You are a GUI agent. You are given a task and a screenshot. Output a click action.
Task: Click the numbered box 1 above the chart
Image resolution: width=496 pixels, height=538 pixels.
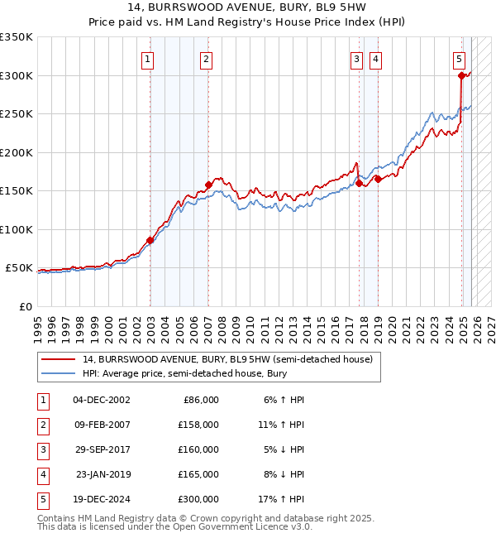[x=147, y=59]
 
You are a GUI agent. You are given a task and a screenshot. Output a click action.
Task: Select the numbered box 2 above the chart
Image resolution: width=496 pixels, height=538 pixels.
[x=205, y=59]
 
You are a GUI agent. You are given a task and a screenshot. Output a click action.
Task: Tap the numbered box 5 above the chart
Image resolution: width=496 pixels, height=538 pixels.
[x=459, y=59]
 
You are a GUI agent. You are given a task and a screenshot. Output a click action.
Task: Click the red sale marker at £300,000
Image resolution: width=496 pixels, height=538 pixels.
[x=461, y=75]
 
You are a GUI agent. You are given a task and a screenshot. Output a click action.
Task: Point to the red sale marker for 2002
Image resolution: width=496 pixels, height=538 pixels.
[x=150, y=241]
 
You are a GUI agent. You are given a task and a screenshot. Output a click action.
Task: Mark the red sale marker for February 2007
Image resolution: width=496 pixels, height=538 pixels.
[x=207, y=185]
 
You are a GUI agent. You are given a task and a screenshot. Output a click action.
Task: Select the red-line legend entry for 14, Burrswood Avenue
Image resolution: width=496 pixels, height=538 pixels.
[x=227, y=359]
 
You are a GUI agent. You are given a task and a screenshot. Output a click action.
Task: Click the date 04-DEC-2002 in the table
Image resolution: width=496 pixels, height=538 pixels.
[x=102, y=400]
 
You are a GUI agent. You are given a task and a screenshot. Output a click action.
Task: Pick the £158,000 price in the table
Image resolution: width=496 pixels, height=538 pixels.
[x=198, y=425]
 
